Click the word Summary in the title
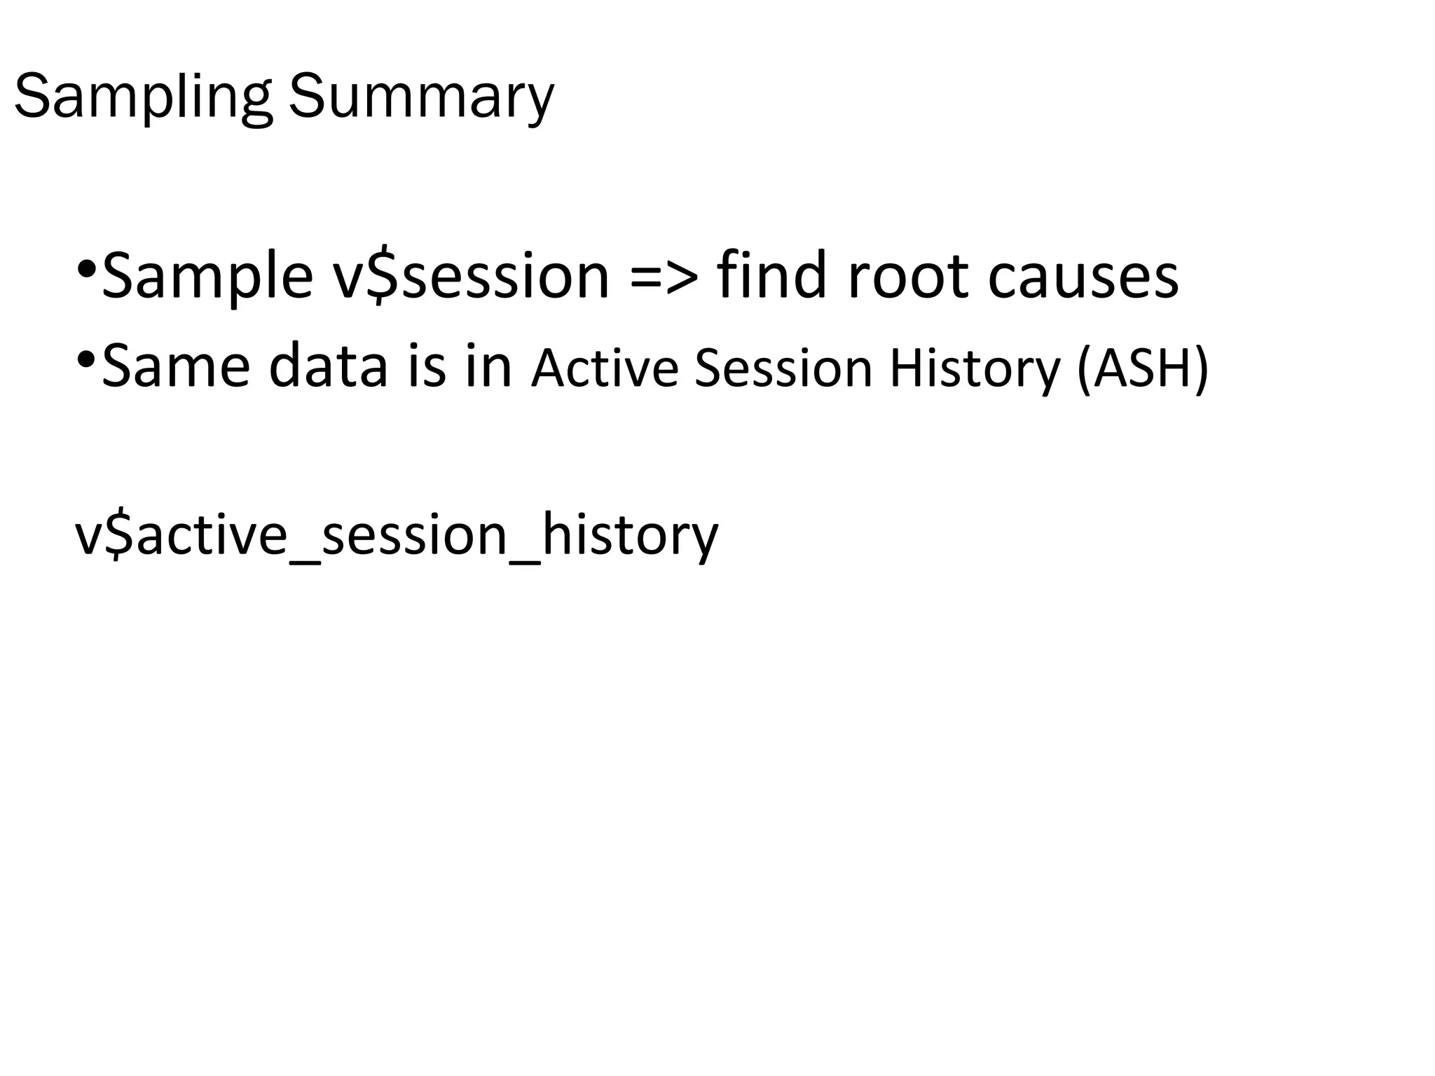pos(421,98)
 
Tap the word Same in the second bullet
pos(176,366)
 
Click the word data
pos(329,366)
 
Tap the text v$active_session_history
pos(397,536)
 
